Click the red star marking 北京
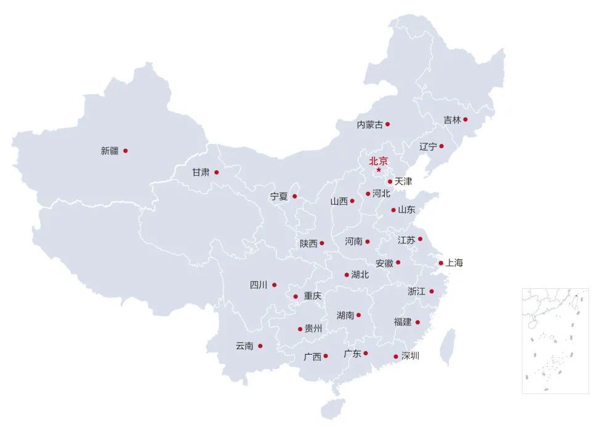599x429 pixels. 379,170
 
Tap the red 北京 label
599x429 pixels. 379,161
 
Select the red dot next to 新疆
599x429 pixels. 126,151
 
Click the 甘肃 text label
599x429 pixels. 201,173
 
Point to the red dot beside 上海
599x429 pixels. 441,263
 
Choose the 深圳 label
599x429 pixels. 410,355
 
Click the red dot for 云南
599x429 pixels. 260,346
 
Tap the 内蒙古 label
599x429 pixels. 370,125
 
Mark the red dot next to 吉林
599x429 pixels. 465,120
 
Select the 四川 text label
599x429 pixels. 259,285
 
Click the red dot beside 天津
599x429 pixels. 390,181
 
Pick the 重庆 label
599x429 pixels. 313,296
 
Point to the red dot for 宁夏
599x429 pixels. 294,197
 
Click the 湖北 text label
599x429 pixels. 360,275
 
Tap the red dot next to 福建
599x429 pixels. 417,322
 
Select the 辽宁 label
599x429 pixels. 428,146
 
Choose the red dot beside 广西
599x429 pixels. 326,356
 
